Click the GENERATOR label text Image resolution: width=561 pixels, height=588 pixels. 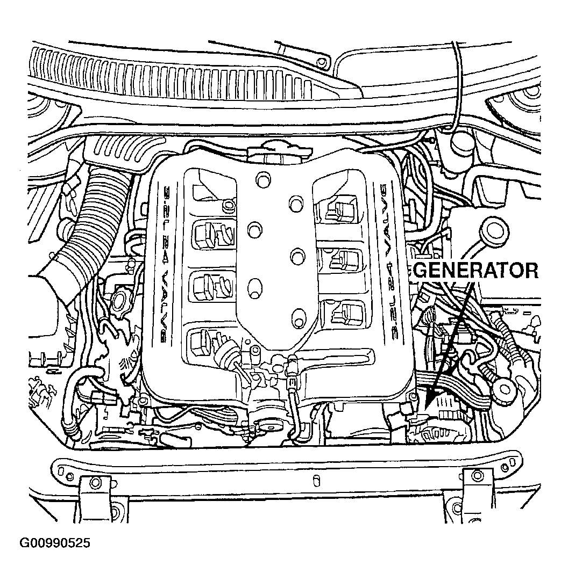pos(475,270)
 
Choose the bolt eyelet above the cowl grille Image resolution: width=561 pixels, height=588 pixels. pos(322,62)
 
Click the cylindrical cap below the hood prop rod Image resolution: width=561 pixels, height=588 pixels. pos(461,145)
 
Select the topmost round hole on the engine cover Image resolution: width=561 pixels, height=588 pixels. pos(262,177)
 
